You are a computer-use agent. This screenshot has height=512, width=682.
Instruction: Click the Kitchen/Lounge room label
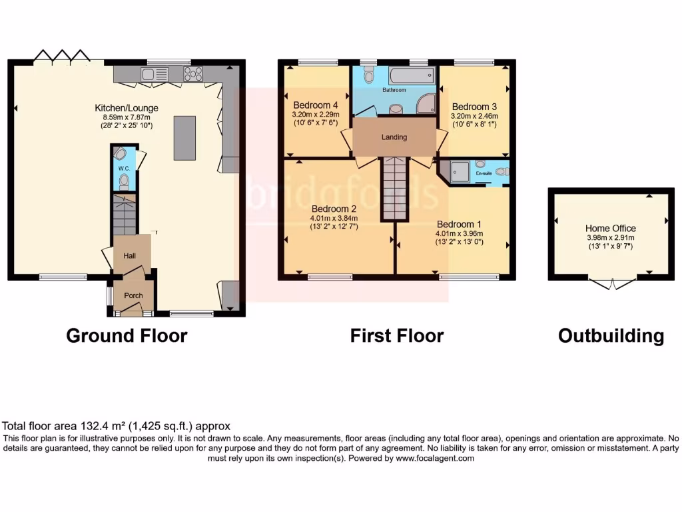click(127, 107)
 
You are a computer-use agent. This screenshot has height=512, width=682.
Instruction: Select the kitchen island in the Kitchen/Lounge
click(184, 138)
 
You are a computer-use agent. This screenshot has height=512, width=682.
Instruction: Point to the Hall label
click(131, 254)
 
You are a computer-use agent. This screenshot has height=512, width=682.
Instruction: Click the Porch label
click(133, 296)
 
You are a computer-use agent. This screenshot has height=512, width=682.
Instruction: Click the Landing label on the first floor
click(394, 137)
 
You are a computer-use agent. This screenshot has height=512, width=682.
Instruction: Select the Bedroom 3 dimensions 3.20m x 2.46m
click(474, 115)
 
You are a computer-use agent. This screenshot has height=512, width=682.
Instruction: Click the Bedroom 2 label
click(334, 207)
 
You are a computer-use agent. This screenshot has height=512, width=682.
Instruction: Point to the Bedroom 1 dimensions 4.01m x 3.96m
click(459, 233)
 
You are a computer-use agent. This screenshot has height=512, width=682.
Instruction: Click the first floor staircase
click(394, 189)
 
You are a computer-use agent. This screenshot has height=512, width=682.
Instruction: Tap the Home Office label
click(611, 228)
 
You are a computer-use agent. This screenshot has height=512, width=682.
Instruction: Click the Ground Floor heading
click(127, 335)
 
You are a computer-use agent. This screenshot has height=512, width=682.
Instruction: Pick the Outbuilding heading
click(611, 336)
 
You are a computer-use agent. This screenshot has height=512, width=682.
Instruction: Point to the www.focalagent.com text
click(435, 458)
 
